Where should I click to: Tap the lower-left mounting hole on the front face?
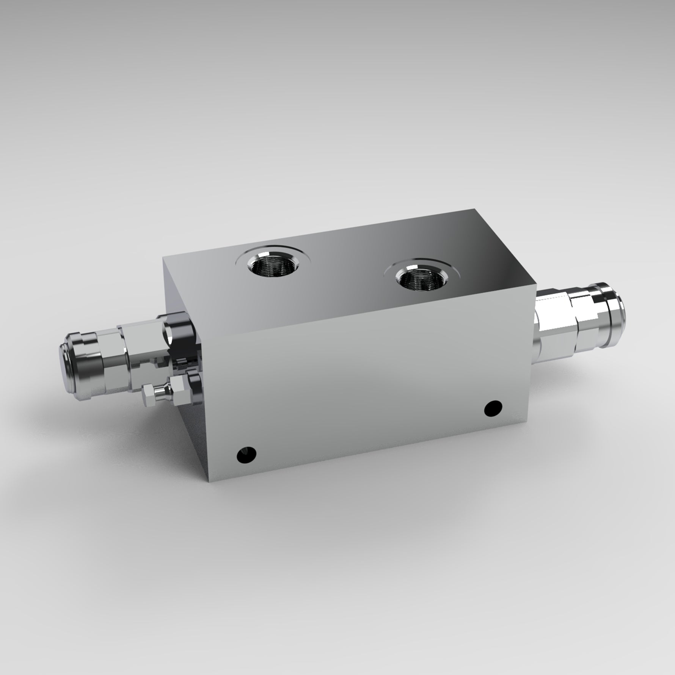pos(246,454)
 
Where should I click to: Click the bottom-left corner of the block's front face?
pos(208,481)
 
